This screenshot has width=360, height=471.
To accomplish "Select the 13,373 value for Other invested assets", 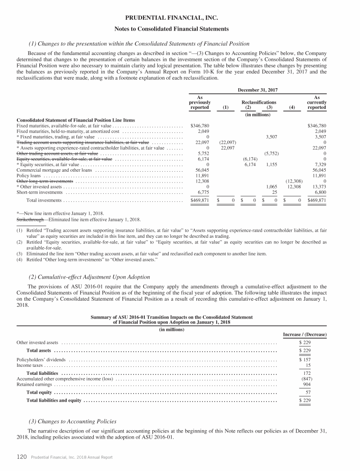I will [x=318, y=187].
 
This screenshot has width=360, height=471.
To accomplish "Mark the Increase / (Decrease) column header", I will [x=305, y=334].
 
